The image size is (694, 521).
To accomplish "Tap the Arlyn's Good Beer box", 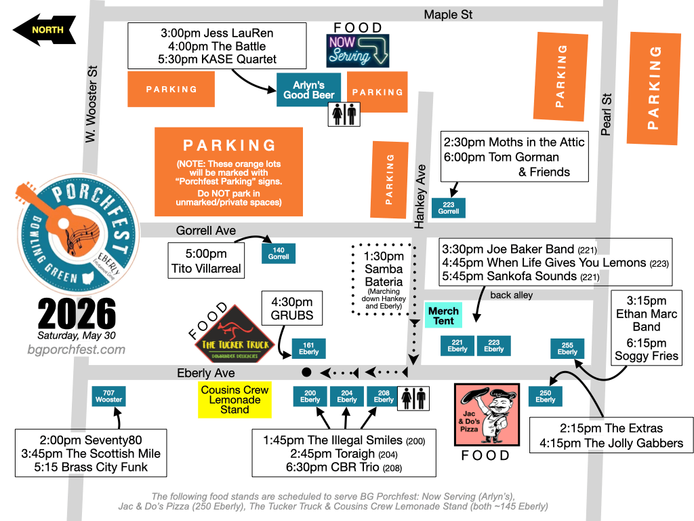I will pos(309,90).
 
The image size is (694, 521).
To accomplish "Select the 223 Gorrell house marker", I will pos(449,208).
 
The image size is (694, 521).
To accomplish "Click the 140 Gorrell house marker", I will pos(279,253).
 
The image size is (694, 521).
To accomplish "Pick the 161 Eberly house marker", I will pos(308,348).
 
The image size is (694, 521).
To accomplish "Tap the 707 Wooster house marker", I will pos(108,396).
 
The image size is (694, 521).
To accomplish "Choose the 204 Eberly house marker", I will pos(347,396).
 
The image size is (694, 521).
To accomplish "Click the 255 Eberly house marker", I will pos(567,348).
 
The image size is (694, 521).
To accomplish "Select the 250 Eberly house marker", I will pos(546,396).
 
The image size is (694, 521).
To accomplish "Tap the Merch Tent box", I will pos(443,315).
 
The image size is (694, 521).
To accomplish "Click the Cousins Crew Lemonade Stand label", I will pos(234,400).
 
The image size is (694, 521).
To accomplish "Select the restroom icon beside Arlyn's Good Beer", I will pos(344,115).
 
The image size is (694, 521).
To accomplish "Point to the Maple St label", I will pos(448,14).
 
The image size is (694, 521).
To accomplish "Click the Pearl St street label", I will pos(606,114).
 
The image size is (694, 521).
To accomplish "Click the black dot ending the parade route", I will pos(306,372).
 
